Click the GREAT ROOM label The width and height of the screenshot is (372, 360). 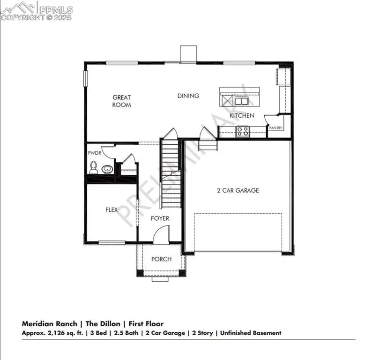point(121,101)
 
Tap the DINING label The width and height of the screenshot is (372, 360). point(188,96)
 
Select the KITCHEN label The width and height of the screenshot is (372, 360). point(242,115)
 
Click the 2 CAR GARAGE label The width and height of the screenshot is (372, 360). point(238,190)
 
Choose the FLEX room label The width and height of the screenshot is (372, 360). point(111,210)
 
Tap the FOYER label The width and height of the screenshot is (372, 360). point(160,218)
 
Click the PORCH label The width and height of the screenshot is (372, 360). point(161,259)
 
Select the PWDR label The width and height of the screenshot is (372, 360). point(94,153)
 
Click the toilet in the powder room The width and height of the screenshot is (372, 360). point(94,166)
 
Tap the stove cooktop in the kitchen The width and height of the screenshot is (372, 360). point(242,131)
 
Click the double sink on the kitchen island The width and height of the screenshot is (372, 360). point(242,101)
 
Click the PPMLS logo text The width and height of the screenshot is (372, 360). point(56,8)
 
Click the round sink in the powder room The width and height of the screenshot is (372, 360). point(107,169)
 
